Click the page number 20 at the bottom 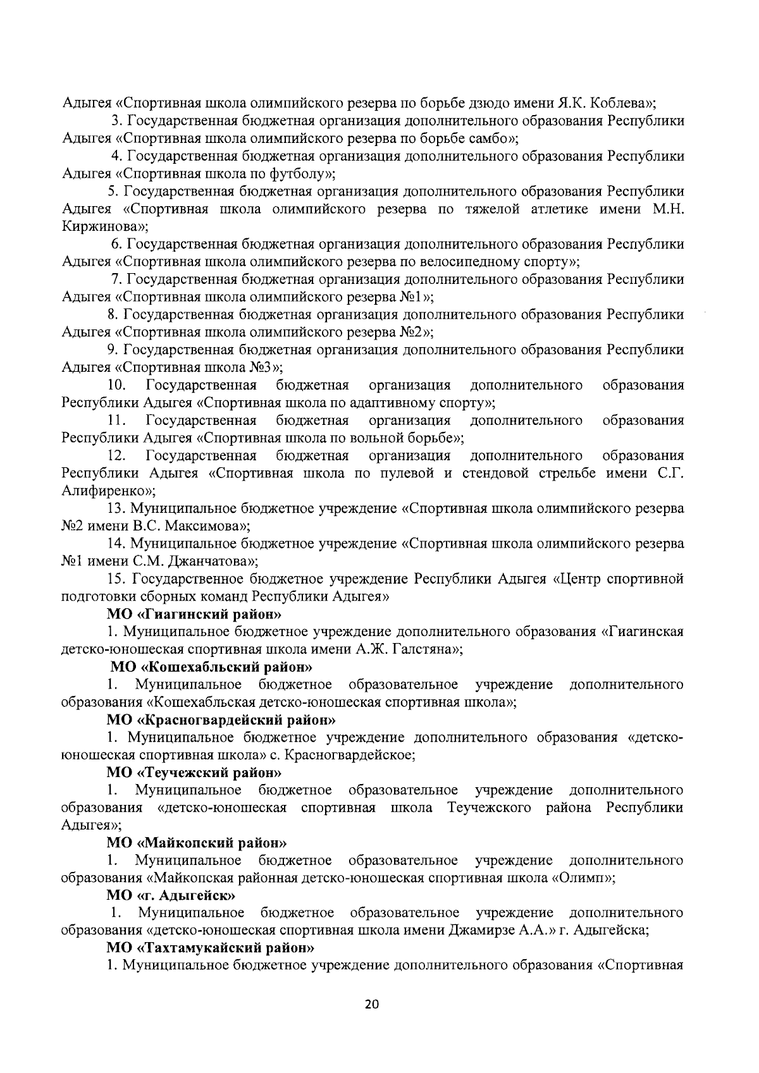coord(371,1005)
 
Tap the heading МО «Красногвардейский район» coord(221,720)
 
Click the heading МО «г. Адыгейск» coord(171,895)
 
